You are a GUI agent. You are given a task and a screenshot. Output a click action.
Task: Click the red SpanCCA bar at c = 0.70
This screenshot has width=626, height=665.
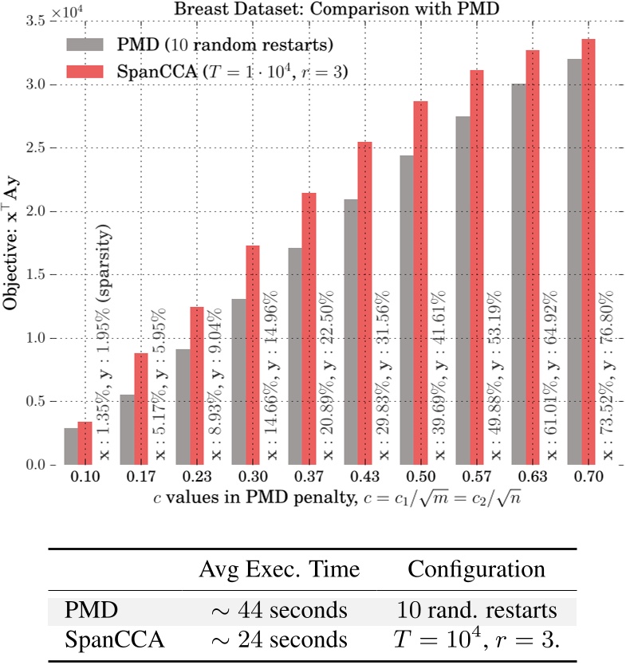click(588, 252)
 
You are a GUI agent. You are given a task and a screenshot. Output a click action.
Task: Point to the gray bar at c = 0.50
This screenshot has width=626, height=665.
click(406, 310)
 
